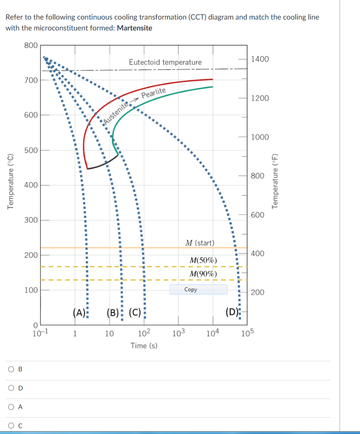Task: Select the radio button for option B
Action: click(x=10, y=369)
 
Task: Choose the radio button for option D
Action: click(x=10, y=388)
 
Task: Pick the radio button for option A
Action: click(x=10, y=407)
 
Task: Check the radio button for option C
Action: click(x=10, y=426)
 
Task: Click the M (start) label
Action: click(x=200, y=243)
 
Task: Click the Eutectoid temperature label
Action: click(x=165, y=62)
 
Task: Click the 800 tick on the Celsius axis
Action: click(x=31, y=45)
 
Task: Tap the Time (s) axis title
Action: click(x=144, y=346)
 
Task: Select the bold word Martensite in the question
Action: click(x=134, y=28)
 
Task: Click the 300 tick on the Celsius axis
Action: click(x=31, y=220)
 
